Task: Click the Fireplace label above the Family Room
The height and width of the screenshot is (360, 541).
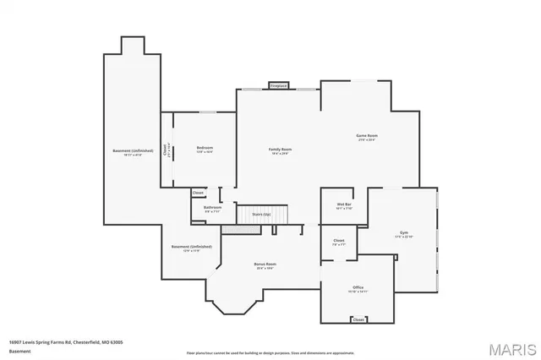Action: coord(279,85)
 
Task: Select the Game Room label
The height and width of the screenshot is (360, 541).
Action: coord(366,136)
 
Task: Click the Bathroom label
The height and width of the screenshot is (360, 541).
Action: coord(212,208)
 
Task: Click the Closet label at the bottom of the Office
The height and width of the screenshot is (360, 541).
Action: coord(358,319)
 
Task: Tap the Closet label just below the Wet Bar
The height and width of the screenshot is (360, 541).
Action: coord(339,242)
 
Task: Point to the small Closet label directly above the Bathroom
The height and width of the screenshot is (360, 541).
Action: coord(198,193)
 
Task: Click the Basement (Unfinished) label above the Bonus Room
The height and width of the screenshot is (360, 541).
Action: coord(192,247)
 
